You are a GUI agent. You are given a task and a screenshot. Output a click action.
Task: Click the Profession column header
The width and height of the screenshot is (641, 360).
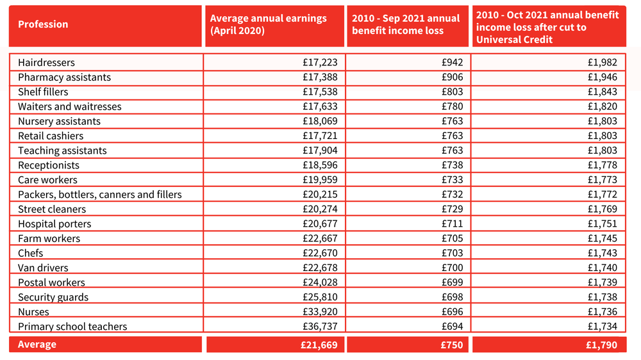click(x=43, y=24)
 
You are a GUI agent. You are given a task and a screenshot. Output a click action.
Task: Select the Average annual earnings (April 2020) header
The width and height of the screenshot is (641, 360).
click(x=268, y=24)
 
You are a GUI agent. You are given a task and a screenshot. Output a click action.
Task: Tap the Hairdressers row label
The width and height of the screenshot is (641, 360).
click(x=46, y=63)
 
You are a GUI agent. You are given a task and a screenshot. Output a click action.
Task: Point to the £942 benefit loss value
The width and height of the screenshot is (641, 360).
click(x=452, y=63)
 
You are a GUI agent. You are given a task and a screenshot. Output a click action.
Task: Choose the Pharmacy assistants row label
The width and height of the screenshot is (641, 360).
click(x=64, y=78)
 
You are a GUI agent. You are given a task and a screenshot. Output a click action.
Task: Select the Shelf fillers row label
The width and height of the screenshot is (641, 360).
click(x=43, y=92)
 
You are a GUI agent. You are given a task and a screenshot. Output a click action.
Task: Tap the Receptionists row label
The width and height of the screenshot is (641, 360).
click(x=49, y=165)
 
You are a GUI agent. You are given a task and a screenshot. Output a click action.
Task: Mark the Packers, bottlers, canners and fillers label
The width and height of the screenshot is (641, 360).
click(x=100, y=195)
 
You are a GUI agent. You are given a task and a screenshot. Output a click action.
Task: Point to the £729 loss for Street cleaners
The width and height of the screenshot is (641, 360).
click(x=452, y=209)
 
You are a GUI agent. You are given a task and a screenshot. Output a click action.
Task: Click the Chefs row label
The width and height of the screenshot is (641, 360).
click(x=30, y=253)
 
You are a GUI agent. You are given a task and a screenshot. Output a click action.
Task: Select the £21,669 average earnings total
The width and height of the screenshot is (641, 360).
click(x=319, y=345)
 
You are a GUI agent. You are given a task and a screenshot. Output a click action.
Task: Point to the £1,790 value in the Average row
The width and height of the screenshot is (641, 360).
click(x=601, y=345)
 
